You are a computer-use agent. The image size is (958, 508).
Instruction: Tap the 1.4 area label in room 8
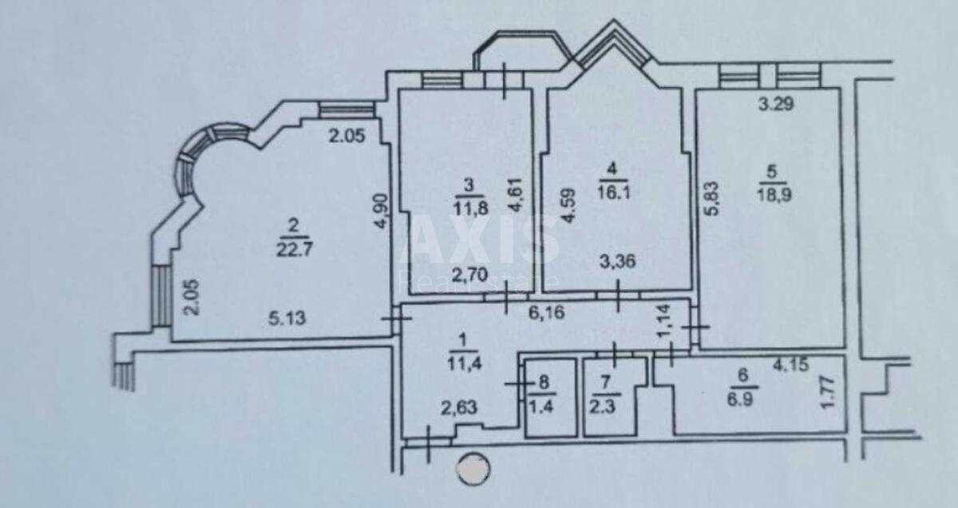[x=544, y=406]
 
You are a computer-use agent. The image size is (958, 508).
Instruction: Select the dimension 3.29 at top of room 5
[x=774, y=103]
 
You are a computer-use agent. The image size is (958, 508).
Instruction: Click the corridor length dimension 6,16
[x=548, y=313]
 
